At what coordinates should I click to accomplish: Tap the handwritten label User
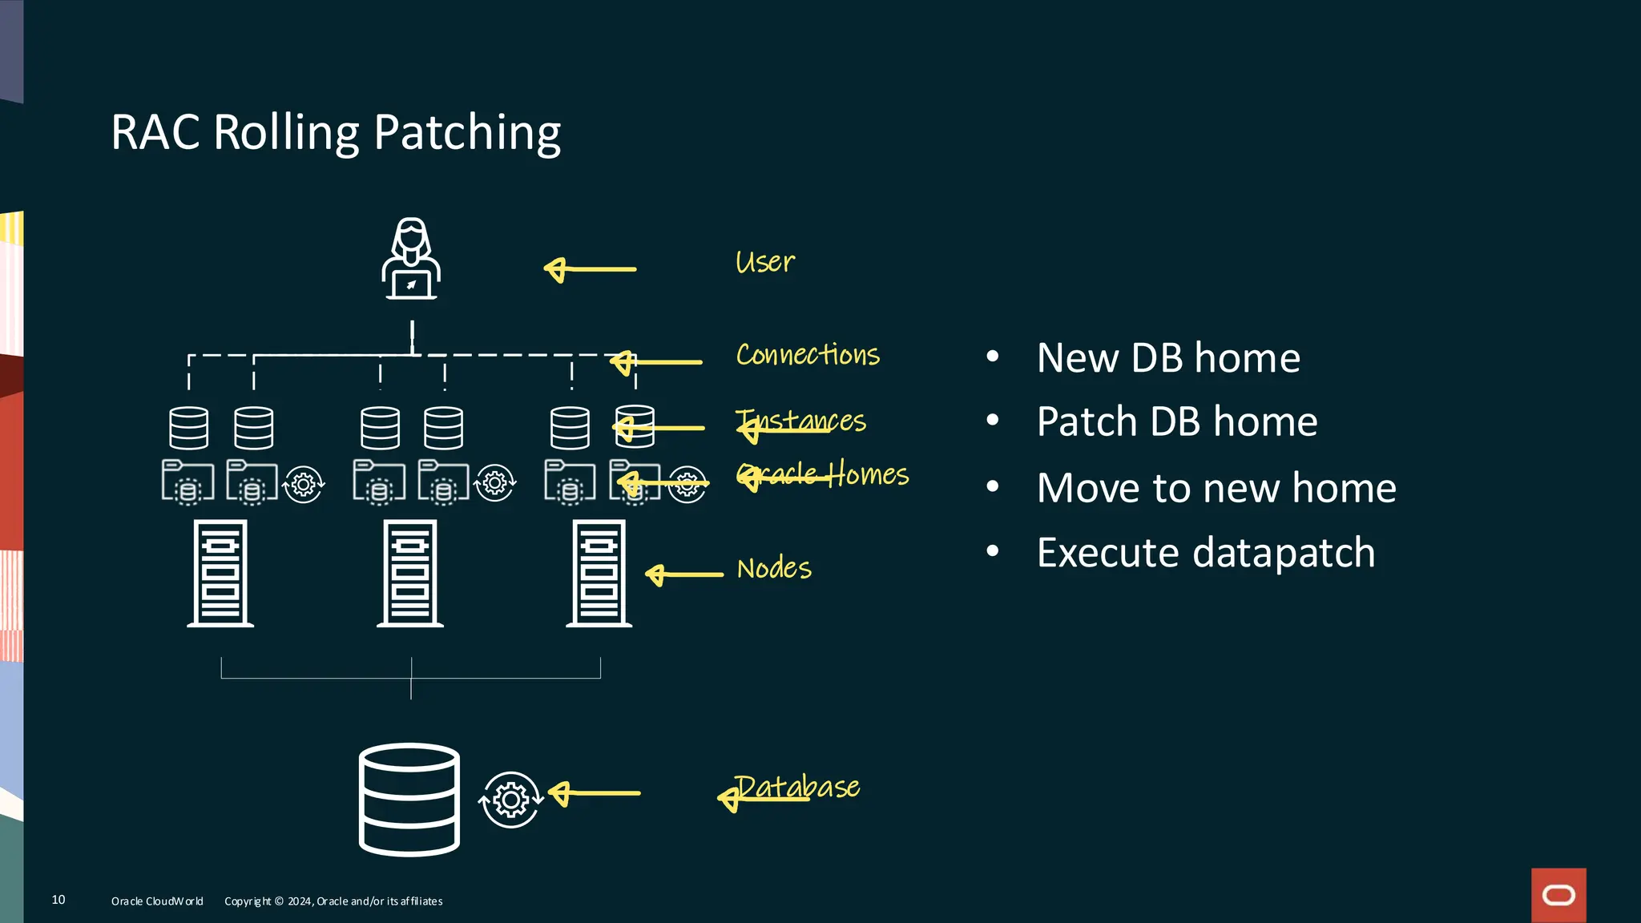tap(765, 262)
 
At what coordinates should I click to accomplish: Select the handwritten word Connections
tap(808, 354)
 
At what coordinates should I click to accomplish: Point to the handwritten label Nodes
tap(774, 568)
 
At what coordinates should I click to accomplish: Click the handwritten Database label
tap(797, 787)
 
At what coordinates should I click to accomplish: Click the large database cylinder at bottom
tap(409, 800)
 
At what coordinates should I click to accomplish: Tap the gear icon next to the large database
tap(510, 800)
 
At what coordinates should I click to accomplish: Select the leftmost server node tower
tap(220, 573)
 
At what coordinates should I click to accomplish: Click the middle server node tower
tap(410, 573)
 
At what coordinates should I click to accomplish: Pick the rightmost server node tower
tap(599, 573)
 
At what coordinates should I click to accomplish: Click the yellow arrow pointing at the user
tap(590, 269)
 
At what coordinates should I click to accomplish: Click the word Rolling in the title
tap(286, 133)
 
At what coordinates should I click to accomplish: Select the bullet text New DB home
tap(1167, 357)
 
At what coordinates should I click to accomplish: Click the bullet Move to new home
tap(1216, 488)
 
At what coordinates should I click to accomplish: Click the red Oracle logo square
tap(1558, 894)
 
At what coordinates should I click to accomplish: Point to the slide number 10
tap(58, 900)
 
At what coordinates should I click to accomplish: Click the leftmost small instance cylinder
tap(189, 428)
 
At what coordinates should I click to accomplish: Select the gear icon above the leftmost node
tap(303, 484)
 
